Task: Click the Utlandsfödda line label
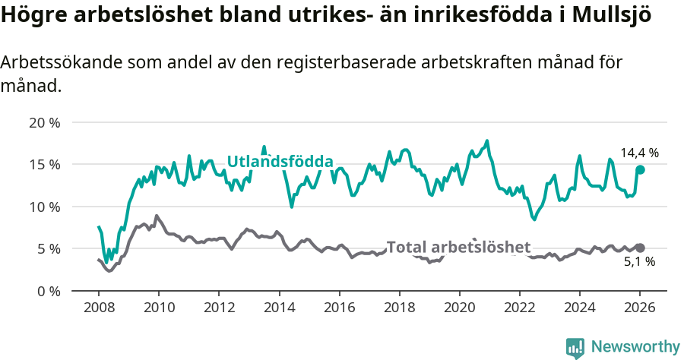[280, 162]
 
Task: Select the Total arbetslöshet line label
[458, 247]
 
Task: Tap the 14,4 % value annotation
[639, 153]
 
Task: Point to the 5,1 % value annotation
[639, 262]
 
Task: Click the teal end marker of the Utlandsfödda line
[640, 169]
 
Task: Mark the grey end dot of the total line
[640, 248]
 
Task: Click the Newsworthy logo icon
[575, 348]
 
